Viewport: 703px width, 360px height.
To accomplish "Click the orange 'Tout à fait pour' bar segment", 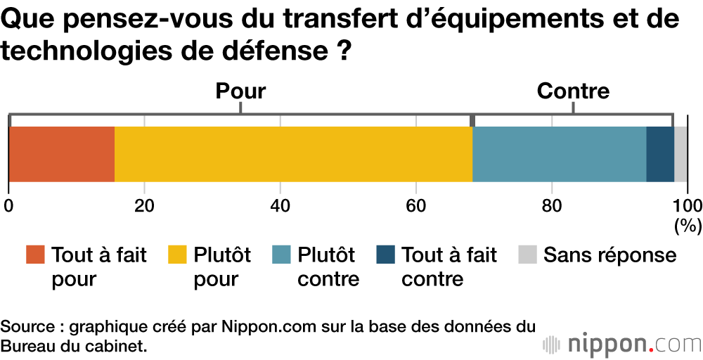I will pyautogui.click(x=62, y=155).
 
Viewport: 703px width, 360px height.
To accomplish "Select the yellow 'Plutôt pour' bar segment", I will pyautogui.click(x=293, y=155).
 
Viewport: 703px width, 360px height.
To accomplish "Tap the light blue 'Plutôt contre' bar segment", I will pyautogui.click(x=559, y=155).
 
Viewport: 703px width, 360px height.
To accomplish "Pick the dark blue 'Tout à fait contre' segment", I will pyautogui.click(x=659, y=155).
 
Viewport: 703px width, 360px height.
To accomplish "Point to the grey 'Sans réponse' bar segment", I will pyautogui.click(x=681, y=155).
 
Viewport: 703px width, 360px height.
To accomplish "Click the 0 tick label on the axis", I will pyautogui.click(x=8, y=205).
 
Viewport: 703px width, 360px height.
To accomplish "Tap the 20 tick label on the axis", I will pyautogui.click(x=144, y=205).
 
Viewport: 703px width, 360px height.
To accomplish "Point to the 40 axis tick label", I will pyautogui.click(x=280, y=205).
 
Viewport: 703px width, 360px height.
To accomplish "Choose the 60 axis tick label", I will pyautogui.click(x=416, y=205).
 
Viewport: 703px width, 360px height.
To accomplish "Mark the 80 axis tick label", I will pyautogui.click(x=552, y=205).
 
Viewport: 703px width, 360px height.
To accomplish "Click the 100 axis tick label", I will pyautogui.click(x=688, y=205).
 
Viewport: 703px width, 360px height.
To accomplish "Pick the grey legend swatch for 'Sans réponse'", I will pyautogui.click(x=527, y=255).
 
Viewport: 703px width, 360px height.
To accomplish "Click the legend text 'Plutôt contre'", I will pyautogui.click(x=328, y=266).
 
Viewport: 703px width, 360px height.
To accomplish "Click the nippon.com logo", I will pyautogui.click(x=621, y=345).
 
